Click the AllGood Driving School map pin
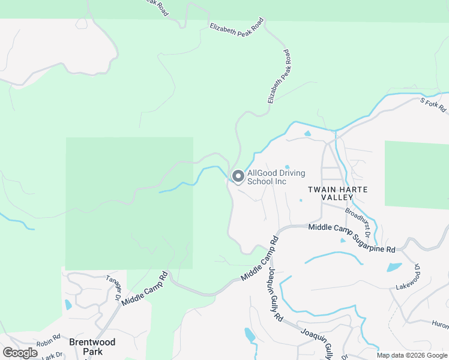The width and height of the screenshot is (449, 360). pyautogui.click(x=238, y=176)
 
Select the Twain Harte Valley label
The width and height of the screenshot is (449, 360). pyautogui.click(x=337, y=193)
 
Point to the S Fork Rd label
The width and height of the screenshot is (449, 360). pyautogui.click(x=434, y=105)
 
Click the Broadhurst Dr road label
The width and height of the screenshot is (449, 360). pyautogui.click(x=358, y=220)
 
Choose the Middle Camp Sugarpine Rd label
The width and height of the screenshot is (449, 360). pyautogui.click(x=352, y=238)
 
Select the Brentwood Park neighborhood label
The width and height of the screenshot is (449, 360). pyautogui.click(x=92, y=346)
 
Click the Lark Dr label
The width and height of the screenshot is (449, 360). pyautogui.click(x=52, y=356)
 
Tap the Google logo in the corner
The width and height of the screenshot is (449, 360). pyautogui.click(x=20, y=353)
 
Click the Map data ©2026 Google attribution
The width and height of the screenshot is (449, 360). pyautogui.click(x=412, y=355)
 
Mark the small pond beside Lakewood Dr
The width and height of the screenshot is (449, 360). pyautogui.click(x=393, y=268)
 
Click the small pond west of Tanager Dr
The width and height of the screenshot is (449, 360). pyautogui.click(x=68, y=304)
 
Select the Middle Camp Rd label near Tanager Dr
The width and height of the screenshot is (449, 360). pyautogui.click(x=145, y=289)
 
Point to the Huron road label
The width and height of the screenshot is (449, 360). pyautogui.click(x=440, y=324)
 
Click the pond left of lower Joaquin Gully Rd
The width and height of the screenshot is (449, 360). pyautogui.click(x=250, y=335)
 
